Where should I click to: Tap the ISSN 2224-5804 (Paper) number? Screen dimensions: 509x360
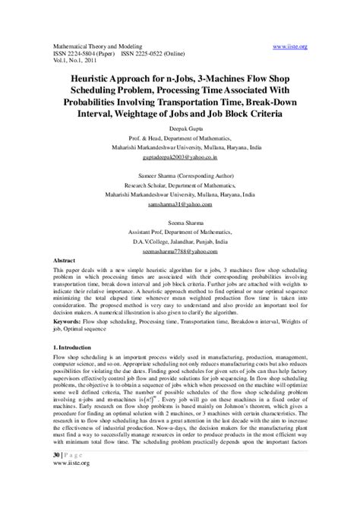[77, 55]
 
